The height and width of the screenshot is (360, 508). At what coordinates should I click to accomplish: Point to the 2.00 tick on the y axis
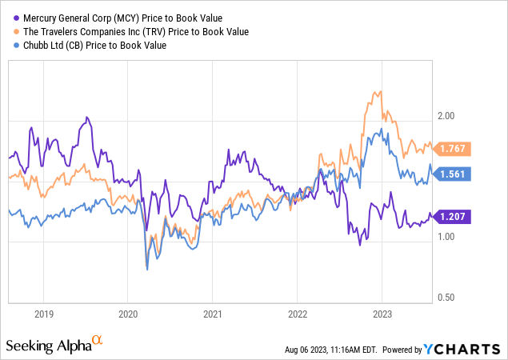pyautogui.click(x=445, y=116)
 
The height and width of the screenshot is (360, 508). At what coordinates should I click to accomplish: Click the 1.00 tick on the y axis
pyautogui.click(x=445, y=237)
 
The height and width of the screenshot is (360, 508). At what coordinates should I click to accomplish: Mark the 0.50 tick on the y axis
pyautogui.click(x=445, y=298)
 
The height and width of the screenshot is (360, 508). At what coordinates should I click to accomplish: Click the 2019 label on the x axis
pyautogui.click(x=43, y=314)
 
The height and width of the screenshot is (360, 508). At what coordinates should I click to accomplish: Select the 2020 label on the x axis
pyautogui.click(x=128, y=314)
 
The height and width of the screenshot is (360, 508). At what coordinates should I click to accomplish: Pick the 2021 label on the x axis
pyautogui.click(x=212, y=314)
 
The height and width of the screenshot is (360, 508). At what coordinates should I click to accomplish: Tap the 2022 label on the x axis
pyautogui.click(x=297, y=314)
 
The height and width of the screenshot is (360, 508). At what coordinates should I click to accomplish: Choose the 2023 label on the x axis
pyautogui.click(x=382, y=314)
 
